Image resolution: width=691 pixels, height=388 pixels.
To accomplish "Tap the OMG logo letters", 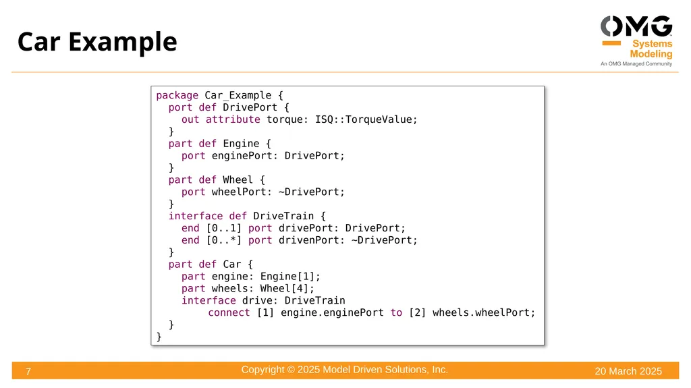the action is click(x=636, y=26).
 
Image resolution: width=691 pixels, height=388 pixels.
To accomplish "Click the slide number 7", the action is click(x=28, y=372).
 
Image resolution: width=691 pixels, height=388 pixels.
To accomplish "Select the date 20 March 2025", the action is click(x=628, y=371).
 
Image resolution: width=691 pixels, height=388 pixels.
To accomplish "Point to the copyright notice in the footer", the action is click(x=344, y=370).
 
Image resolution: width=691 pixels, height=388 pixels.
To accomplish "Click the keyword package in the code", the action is click(x=177, y=96).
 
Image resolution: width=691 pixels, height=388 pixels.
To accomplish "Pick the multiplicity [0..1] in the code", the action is click(x=224, y=228).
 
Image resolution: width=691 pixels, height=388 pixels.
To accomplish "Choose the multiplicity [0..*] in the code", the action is click(x=224, y=240).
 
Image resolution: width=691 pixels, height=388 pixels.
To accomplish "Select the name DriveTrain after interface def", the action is click(x=283, y=216).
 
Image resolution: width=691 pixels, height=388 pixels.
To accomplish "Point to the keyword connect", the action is click(x=229, y=312).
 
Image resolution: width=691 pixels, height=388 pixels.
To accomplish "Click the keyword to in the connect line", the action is click(x=396, y=312).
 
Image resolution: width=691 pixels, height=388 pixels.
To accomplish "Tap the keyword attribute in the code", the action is click(x=233, y=119).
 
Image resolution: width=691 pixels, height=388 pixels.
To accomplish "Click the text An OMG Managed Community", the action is click(x=636, y=64).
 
